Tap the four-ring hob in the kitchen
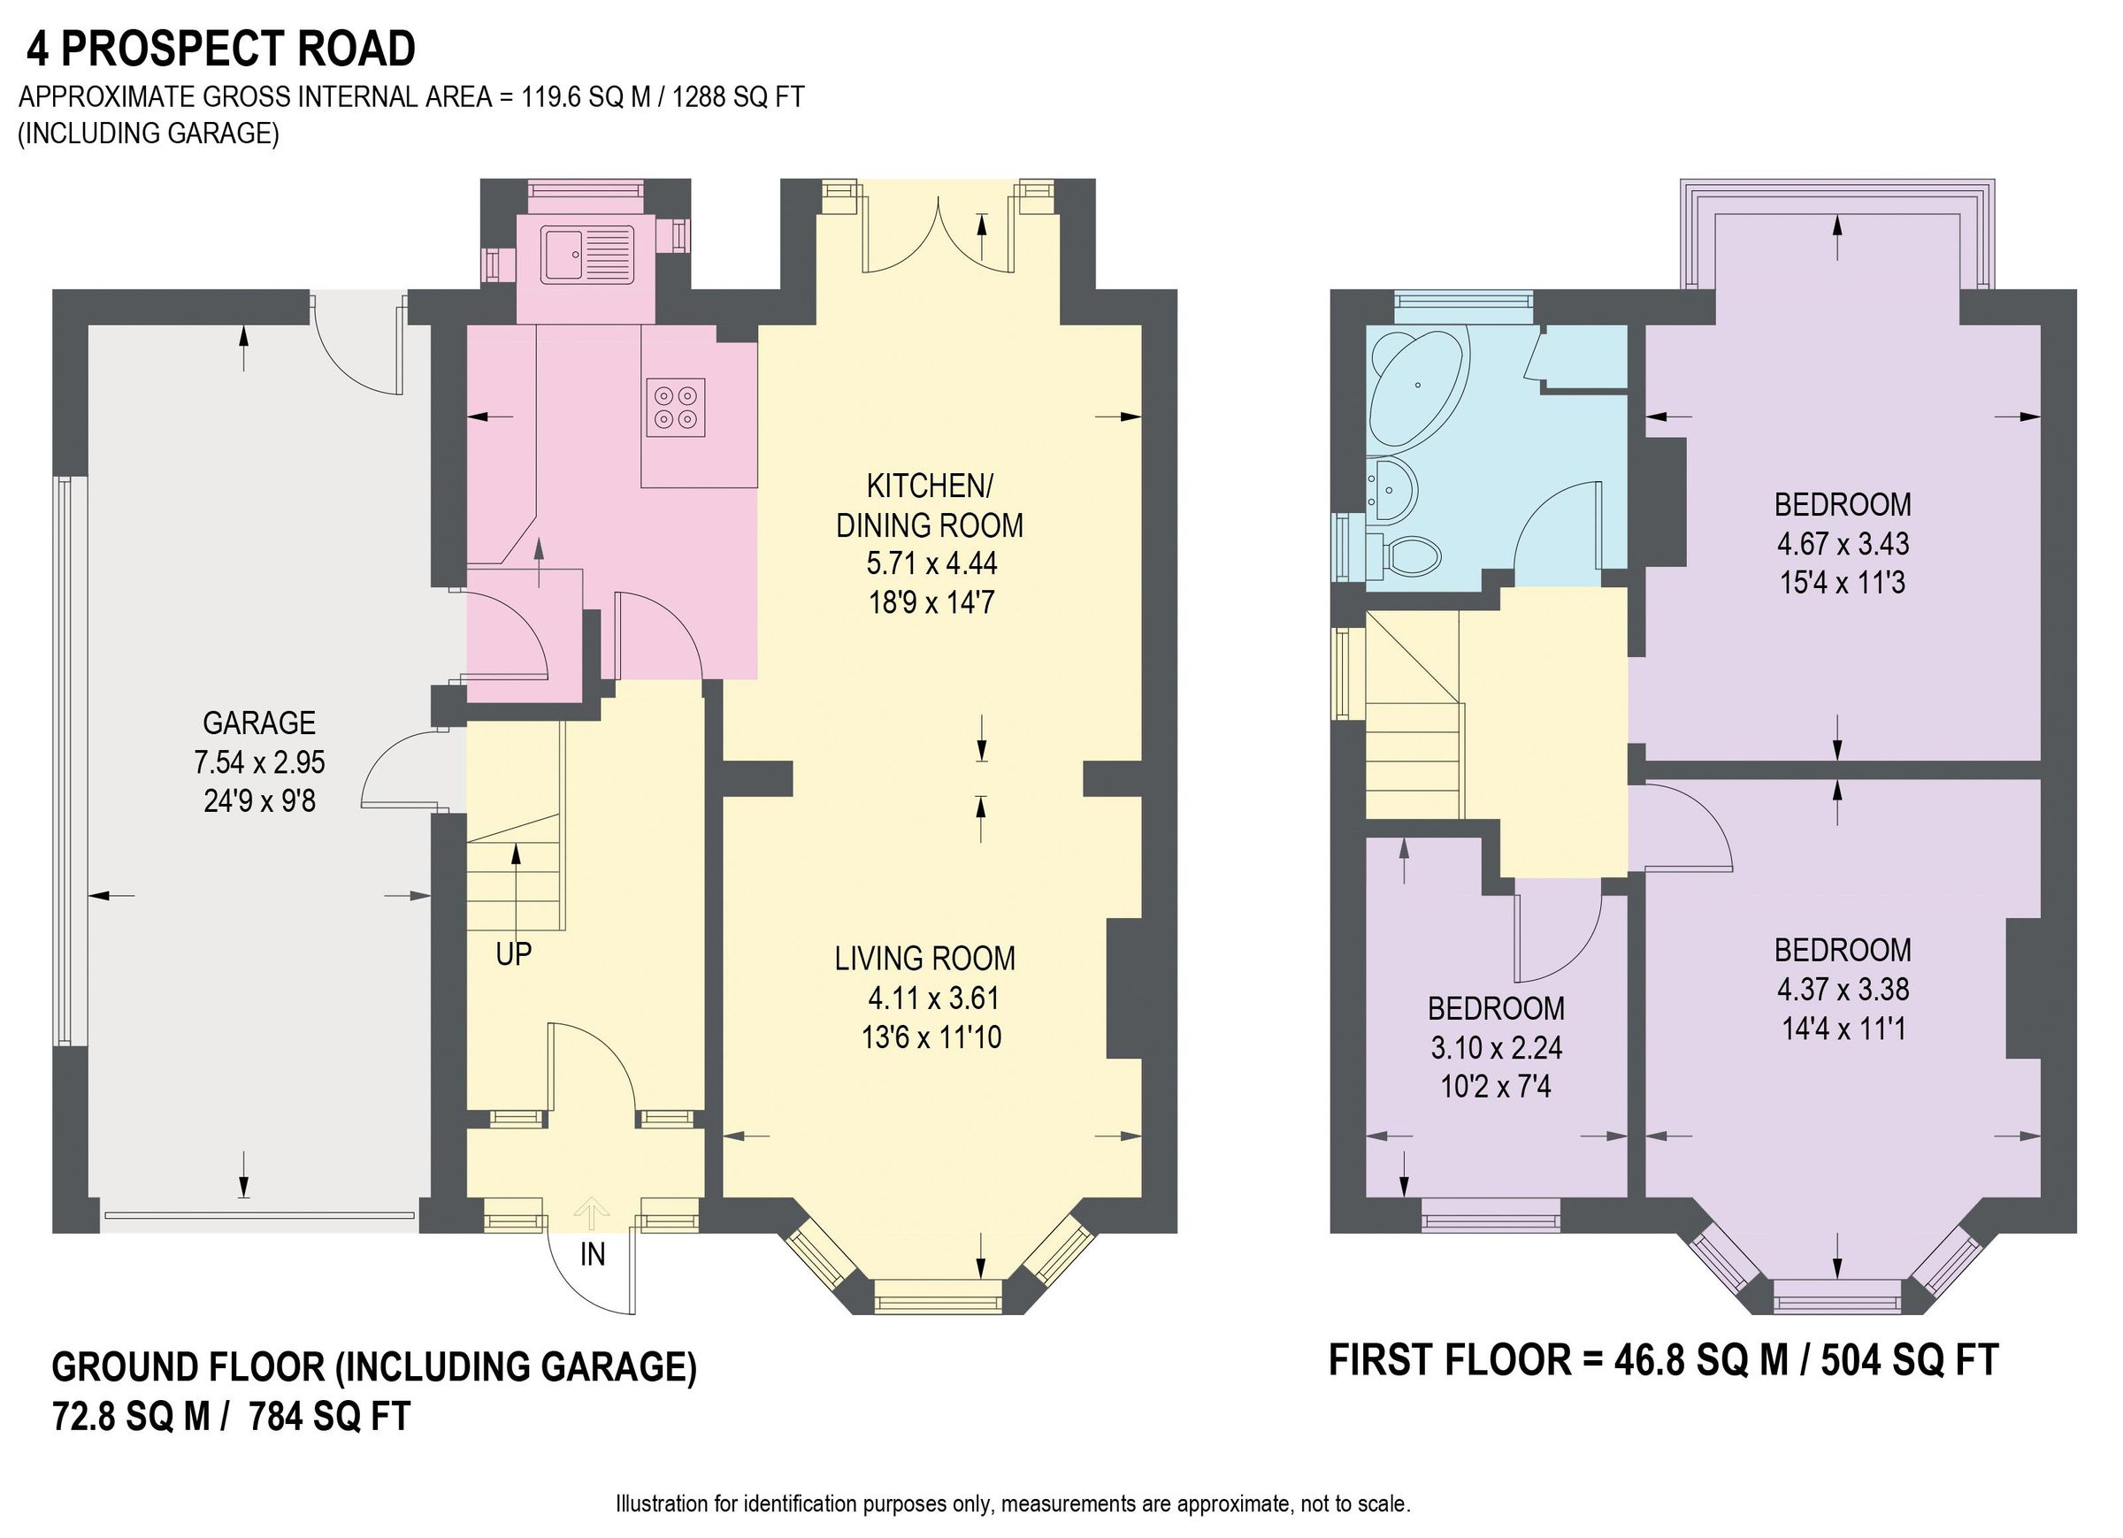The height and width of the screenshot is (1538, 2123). [x=676, y=407]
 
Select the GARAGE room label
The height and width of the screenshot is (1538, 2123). [x=259, y=723]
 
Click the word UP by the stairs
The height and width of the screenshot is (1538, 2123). [x=513, y=954]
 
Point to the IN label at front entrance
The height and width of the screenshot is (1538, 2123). [x=593, y=1254]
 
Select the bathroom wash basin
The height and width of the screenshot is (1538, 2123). [x=1393, y=487]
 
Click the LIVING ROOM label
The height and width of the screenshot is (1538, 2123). [x=925, y=959]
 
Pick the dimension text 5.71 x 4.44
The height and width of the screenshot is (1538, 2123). [x=931, y=563]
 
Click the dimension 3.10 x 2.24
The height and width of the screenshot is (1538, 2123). [x=1495, y=1047]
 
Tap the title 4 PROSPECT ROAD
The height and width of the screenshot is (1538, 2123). [x=221, y=50]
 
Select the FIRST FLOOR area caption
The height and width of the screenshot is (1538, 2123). [x=1663, y=1360]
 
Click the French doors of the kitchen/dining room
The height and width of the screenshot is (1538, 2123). [x=938, y=234]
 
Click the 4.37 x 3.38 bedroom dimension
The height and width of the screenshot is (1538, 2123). [x=1843, y=990]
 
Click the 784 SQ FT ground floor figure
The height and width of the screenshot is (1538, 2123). [x=329, y=1416]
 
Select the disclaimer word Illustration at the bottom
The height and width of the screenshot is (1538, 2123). [x=661, y=1504]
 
